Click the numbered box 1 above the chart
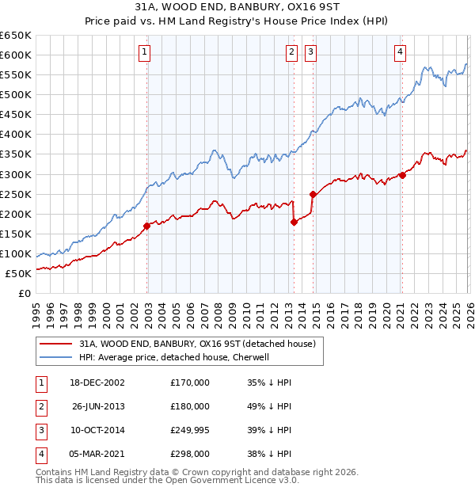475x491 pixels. [146, 53]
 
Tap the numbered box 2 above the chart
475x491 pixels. [291, 53]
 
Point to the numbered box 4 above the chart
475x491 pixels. [400, 53]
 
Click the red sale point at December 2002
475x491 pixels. [147, 226]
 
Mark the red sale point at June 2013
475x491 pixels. [294, 222]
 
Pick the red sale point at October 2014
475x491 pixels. [313, 194]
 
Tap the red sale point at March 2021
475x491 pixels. [402, 175]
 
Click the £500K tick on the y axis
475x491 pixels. [16, 94]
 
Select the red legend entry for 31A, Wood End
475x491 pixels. [197, 344]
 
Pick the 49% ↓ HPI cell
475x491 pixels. [269, 406]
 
